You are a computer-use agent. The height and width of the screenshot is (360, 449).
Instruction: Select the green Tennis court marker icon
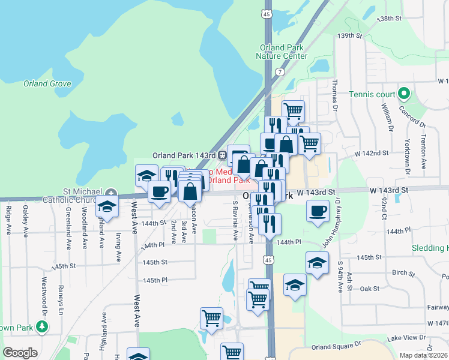(405, 94)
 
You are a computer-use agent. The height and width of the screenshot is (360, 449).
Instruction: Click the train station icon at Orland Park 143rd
(222, 155)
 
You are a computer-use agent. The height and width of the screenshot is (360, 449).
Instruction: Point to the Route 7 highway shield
(280, 71)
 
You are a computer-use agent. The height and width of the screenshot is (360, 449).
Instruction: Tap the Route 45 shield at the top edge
(267, 13)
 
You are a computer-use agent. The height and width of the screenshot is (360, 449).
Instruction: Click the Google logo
(20, 353)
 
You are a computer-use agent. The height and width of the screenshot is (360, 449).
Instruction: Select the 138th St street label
(388, 19)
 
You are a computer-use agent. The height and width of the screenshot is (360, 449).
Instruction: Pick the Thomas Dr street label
(335, 95)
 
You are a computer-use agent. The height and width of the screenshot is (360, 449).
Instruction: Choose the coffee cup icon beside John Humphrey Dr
(318, 211)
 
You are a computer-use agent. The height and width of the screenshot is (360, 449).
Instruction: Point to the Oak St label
(370, 289)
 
